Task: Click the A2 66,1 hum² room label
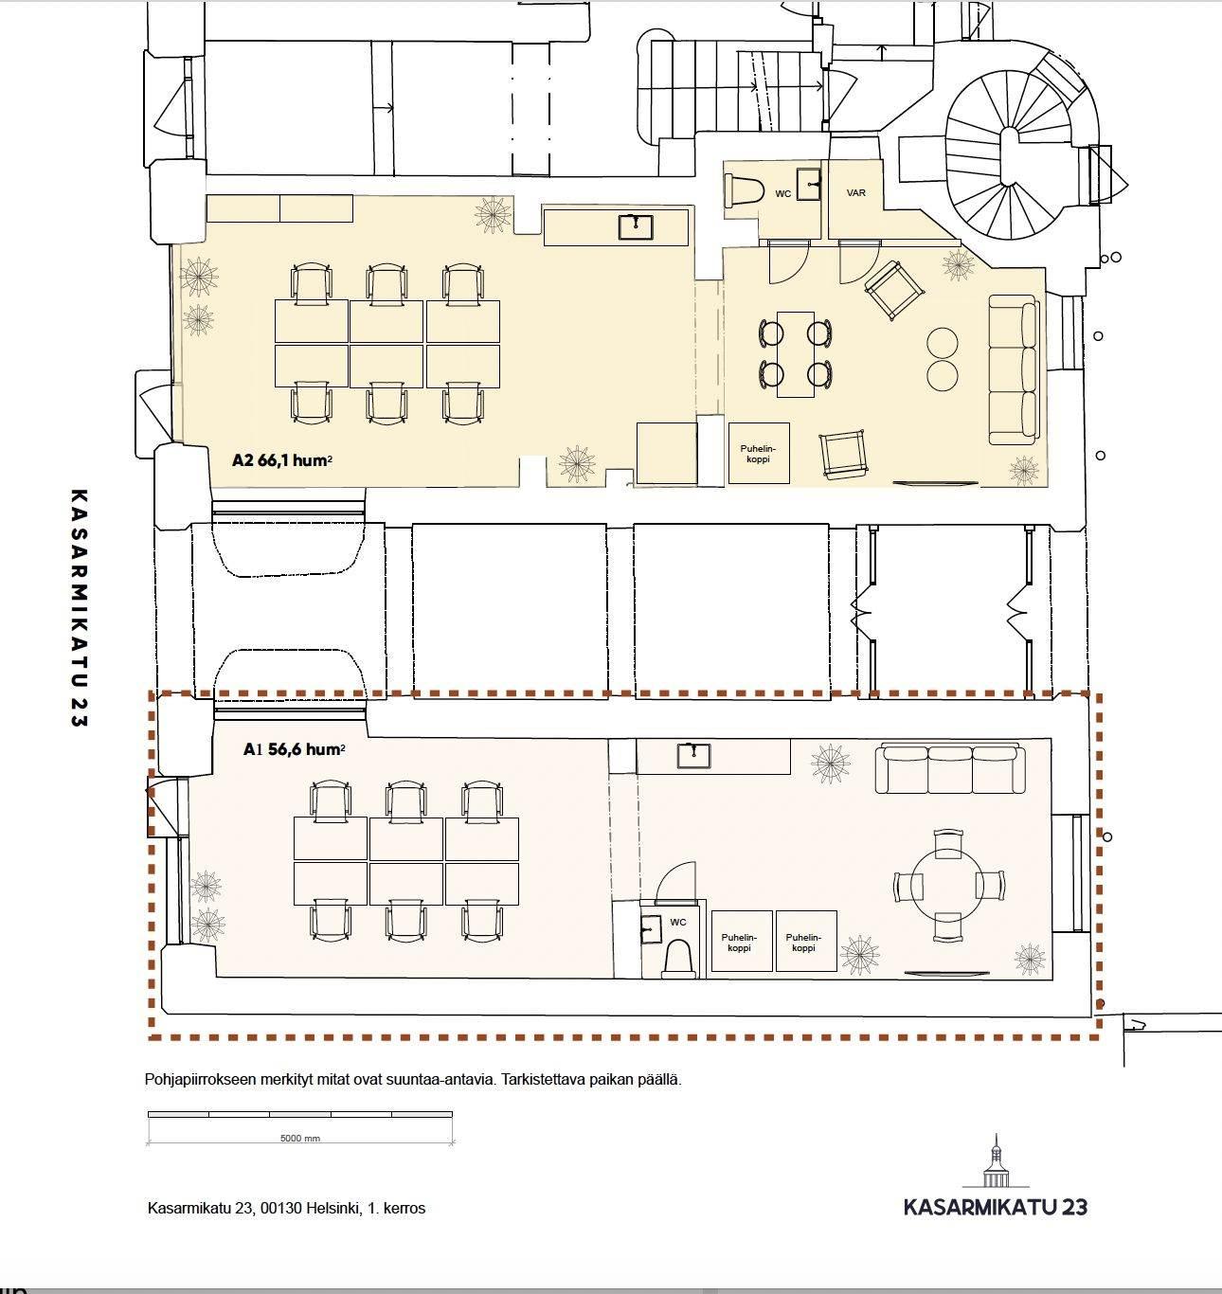282,460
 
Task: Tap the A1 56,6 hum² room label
294,749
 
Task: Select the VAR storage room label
855,193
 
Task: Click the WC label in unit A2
782,193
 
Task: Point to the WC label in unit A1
678,922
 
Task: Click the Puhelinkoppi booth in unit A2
759,454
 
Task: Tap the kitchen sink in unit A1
693,755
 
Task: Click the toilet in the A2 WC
744,191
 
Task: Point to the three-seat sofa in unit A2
1014,369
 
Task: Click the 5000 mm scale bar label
299,1139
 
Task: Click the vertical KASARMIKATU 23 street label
79,608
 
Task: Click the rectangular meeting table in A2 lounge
795,354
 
